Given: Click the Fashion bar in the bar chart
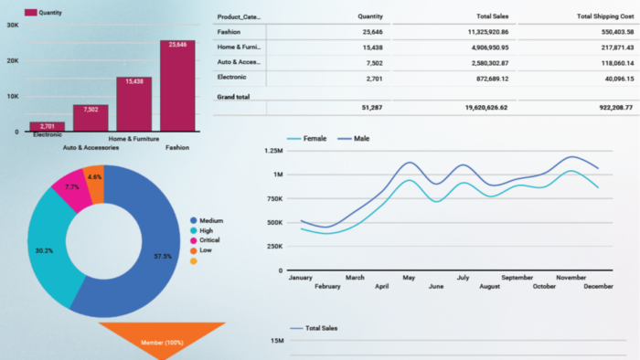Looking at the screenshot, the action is pyautogui.click(x=177, y=86).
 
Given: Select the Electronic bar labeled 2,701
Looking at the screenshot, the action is pyautogui.click(x=47, y=126).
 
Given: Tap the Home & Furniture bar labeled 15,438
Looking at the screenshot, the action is pyautogui.click(x=133, y=104).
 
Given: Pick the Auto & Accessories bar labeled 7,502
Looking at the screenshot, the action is pyautogui.click(x=91, y=118).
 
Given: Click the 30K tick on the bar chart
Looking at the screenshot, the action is pyautogui.click(x=13, y=26).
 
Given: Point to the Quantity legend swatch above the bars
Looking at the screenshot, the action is pyautogui.click(x=30, y=13).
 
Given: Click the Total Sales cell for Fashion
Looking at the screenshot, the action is pyautogui.click(x=488, y=32).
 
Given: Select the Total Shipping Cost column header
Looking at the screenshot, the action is pyautogui.click(x=605, y=16).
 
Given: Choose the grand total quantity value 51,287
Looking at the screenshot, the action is pyautogui.click(x=372, y=108).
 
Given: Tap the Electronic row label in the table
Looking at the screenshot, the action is pyautogui.click(x=231, y=77).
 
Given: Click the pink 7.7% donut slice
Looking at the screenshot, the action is pyautogui.click(x=71, y=189).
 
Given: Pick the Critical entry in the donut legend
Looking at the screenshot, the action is pyautogui.click(x=205, y=240).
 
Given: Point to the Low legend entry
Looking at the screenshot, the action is pyautogui.click(x=201, y=250).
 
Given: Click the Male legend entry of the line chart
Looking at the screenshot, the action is pyautogui.click(x=354, y=139).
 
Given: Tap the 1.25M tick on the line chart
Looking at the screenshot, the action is pyautogui.click(x=273, y=151).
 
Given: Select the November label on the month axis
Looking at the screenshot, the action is pyautogui.click(x=571, y=278).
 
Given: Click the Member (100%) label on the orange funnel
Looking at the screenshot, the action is pyautogui.click(x=162, y=343).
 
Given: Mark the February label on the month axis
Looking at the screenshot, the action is pyautogui.click(x=327, y=287).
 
